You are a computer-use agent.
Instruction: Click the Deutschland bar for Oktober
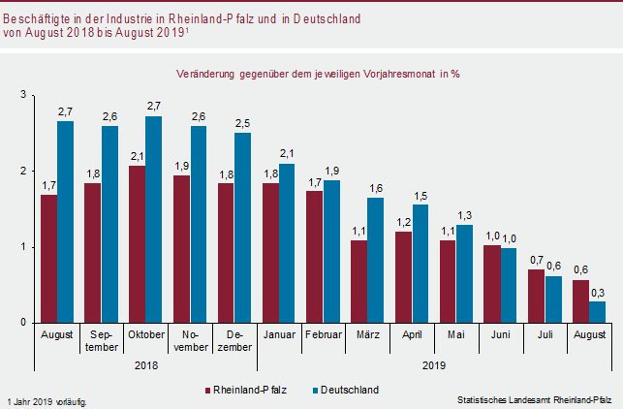[x=153, y=220]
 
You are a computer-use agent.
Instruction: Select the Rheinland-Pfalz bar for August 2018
[x=48, y=259]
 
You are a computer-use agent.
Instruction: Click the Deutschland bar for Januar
[x=287, y=242]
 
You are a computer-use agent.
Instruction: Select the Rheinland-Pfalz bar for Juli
[x=536, y=296]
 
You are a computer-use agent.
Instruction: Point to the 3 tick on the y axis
[x=23, y=95]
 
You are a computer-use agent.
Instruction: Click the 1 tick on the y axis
[x=23, y=247]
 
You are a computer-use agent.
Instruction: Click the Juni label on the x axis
[x=500, y=335]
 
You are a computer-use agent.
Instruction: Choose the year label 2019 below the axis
[x=434, y=366]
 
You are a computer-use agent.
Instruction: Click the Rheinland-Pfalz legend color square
[x=207, y=390]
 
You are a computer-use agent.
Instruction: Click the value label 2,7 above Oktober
[x=153, y=106]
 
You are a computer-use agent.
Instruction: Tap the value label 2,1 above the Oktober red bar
[x=136, y=157]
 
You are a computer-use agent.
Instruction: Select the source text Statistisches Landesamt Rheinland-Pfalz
[x=535, y=399]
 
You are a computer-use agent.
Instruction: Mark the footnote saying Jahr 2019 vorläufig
[x=47, y=400]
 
